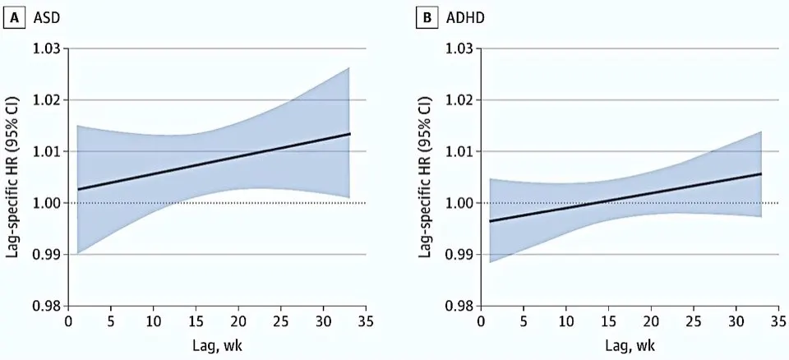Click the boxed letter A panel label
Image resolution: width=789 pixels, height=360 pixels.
click(x=15, y=19)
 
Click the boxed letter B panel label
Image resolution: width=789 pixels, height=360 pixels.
click(x=427, y=19)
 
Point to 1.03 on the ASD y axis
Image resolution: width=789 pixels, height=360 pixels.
click(x=48, y=48)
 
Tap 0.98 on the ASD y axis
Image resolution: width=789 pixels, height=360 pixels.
click(x=48, y=306)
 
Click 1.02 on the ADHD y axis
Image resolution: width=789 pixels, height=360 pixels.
click(x=459, y=100)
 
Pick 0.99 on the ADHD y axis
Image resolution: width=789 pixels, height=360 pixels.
click(x=459, y=254)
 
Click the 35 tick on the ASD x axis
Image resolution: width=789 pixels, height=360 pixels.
click(x=366, y=321)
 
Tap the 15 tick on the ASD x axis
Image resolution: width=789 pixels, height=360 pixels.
click(x=196, y=321)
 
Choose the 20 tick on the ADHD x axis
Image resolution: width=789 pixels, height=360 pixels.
click(x=651, y=321)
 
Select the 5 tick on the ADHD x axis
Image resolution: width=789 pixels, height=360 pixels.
click(x=524, y=321)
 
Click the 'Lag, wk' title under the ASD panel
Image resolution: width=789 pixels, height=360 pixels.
click(x=217, y=346)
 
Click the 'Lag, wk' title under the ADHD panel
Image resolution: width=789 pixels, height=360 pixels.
click(x=630, y=346)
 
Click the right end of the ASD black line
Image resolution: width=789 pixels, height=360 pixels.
click(x=350, y=133)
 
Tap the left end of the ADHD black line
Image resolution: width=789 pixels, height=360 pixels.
click(x=490, y=221)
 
